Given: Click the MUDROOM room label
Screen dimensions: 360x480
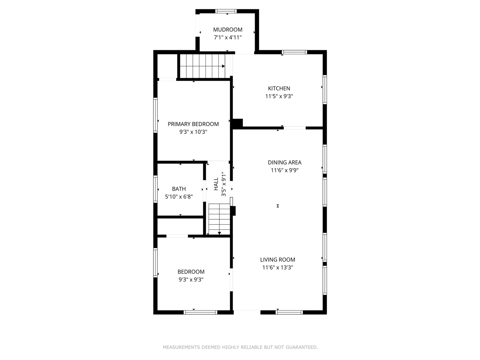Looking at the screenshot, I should pyautogui.click(x=228, y=30).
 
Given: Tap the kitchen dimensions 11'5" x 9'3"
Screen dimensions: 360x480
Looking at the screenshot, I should pyautogui.click(x=279, y=96).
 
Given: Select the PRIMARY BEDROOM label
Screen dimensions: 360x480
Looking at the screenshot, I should pyautogui.click(x=193, y=124).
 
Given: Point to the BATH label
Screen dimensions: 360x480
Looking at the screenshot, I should pyautogui.click(x=179, y=189).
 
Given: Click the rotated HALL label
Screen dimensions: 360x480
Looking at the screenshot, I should pyautogui.click(x=216, y=184).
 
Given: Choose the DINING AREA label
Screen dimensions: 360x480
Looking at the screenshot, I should pyautogui.click(x=285, y=162).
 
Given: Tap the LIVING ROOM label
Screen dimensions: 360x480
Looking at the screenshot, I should pyautogui.click(x=277, y=259).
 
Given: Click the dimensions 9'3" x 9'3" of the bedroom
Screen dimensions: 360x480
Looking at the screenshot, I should pyautogui.click(x=191, y=279).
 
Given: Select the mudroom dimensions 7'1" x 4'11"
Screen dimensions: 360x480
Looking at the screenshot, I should pyautogui.click(x=228, y=37).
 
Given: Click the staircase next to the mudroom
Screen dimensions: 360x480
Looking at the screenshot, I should pyautogui.click(x=202, y=66).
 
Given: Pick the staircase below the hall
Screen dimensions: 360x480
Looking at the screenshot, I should pyautogui.click(x=219, y=219).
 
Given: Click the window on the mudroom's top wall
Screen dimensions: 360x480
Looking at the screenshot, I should pyautogui.click(x=226, y=11).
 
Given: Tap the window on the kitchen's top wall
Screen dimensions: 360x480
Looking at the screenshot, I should pyautogui.click(x=294, y=52).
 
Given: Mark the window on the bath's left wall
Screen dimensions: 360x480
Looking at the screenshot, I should pyautogui.click(x=155, y=189).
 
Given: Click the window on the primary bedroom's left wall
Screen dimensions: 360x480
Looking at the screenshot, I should pyautogui.click(x=155, y=115).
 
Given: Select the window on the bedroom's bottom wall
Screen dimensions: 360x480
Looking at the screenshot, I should pyautogui.click(x=200, y=312).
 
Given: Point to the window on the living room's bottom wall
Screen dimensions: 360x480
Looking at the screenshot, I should pyautogui.click(x=289, y=312).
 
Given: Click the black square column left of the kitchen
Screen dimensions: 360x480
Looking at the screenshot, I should pyautogui.click(x=237, y=123).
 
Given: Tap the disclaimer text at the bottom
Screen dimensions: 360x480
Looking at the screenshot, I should pyautogui.click(x=240, y=347).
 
